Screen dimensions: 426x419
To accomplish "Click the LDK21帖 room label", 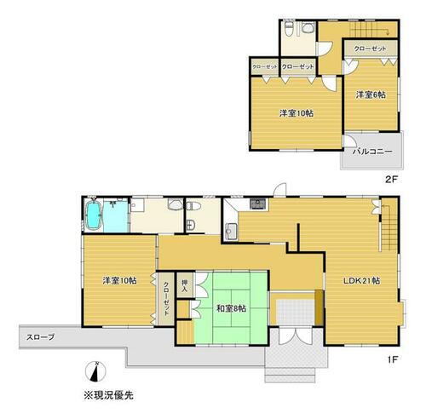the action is tap(361, 281).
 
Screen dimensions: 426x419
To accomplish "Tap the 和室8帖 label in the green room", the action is tap(232, 308).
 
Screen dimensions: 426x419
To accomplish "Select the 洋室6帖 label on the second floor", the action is tap(371, 95).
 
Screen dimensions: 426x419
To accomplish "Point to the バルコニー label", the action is tap(372, 152).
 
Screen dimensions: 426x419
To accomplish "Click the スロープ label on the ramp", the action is tap(40, 337).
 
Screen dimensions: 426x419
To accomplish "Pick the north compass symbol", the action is tap(95, 371).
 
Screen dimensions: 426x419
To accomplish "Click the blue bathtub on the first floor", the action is tap(94, 215).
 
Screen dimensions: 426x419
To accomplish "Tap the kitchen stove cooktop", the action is tap(258, 204).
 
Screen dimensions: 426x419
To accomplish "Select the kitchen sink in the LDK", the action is tap(232, 231).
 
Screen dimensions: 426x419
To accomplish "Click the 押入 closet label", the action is tap(185, 285).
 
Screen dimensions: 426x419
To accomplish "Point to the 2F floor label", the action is tap(392, 180).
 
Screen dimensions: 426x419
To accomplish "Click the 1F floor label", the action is tap(392, 359).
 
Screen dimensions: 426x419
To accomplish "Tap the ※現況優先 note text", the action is tap(108, 395).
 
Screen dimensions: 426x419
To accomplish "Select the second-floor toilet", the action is tap(289, 29).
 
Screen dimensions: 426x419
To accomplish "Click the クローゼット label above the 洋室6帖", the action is tap(370, 49).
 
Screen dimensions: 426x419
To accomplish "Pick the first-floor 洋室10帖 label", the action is tap(119, 281).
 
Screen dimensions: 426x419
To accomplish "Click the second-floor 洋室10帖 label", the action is tap(296, 113).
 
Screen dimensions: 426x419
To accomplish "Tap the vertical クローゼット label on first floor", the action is tap(166, 299).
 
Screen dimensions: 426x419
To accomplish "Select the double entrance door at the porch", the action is tap(296, 336).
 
